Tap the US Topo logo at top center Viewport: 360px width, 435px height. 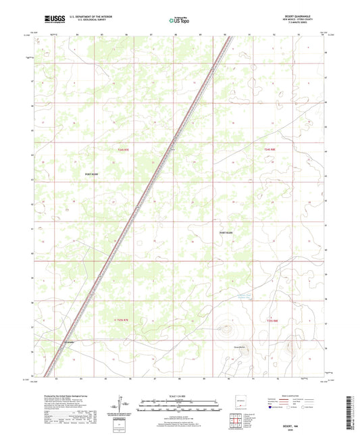[179, 20]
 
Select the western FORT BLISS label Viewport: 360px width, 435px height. [91, 174]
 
